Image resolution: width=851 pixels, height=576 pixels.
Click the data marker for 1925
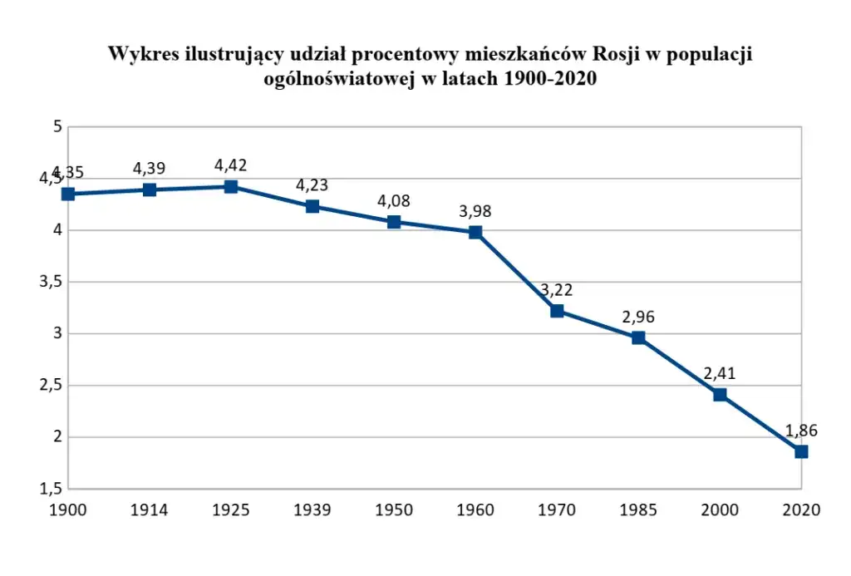click(231, 186)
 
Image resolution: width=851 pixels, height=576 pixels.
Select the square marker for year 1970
click(557, 311)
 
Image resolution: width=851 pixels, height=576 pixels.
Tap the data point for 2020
click(801, 451)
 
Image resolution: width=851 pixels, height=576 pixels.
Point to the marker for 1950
click(394, 222)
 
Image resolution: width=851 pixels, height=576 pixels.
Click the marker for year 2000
click(720, 395)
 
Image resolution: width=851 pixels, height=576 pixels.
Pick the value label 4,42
click(231, 165)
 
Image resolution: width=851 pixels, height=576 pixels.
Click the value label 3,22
click(557, 289)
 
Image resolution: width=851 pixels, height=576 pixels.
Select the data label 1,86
click(801, 431)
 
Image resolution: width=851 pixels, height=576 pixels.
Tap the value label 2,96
click(638, 317)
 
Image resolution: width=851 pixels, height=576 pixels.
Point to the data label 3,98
click(475, 211)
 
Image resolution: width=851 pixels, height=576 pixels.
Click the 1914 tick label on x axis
click(150, 510)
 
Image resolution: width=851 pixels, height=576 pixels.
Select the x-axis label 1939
click(312, 510)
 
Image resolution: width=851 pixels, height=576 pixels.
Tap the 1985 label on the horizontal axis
click(638, 510)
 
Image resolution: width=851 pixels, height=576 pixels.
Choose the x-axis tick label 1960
click(475, 510)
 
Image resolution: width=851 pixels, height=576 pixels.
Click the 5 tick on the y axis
click(57, 127)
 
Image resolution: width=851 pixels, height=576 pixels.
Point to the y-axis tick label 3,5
click(50, 282)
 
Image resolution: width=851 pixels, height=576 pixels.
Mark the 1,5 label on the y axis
click(50, 489)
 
